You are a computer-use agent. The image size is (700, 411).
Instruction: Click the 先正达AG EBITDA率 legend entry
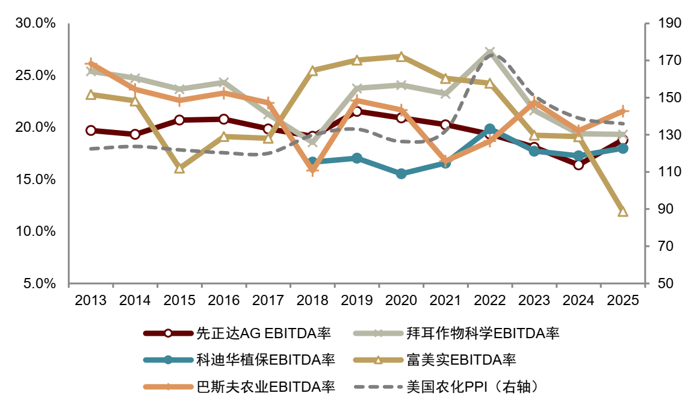[x=237, y=333]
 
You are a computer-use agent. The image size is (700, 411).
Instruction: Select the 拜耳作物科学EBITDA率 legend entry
[x=456, y=333]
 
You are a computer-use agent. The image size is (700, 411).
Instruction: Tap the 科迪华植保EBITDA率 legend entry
[x=240, y=360]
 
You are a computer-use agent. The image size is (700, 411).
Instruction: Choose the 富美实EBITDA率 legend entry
[x=435, y=360]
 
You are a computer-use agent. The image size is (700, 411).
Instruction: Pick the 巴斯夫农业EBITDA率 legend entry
[x=240, y=386]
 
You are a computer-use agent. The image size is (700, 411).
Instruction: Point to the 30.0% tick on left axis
[x=36, y=23]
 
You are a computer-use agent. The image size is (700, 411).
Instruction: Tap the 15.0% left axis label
[x=36, y=179]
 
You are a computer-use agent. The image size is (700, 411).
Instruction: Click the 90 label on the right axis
[x=665, y=209]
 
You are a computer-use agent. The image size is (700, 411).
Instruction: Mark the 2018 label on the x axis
[x=312, y=300]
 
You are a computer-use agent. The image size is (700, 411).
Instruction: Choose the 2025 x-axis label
[x=623, y=300]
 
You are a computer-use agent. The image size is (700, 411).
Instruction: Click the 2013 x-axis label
[x=91, y=300]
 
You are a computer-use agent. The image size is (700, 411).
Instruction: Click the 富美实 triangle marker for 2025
[x=623, y=212]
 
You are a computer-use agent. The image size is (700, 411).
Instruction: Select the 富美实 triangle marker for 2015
[x=179, y=168]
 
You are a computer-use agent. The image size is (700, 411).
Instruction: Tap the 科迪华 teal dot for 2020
[x=401, y=173]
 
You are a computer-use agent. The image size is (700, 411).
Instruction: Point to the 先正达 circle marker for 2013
[x=91, y=131]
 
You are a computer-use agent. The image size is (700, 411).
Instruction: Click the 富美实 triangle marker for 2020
[x=401, y=57]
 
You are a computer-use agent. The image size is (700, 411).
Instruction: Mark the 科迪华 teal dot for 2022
[x=490, y=129]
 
